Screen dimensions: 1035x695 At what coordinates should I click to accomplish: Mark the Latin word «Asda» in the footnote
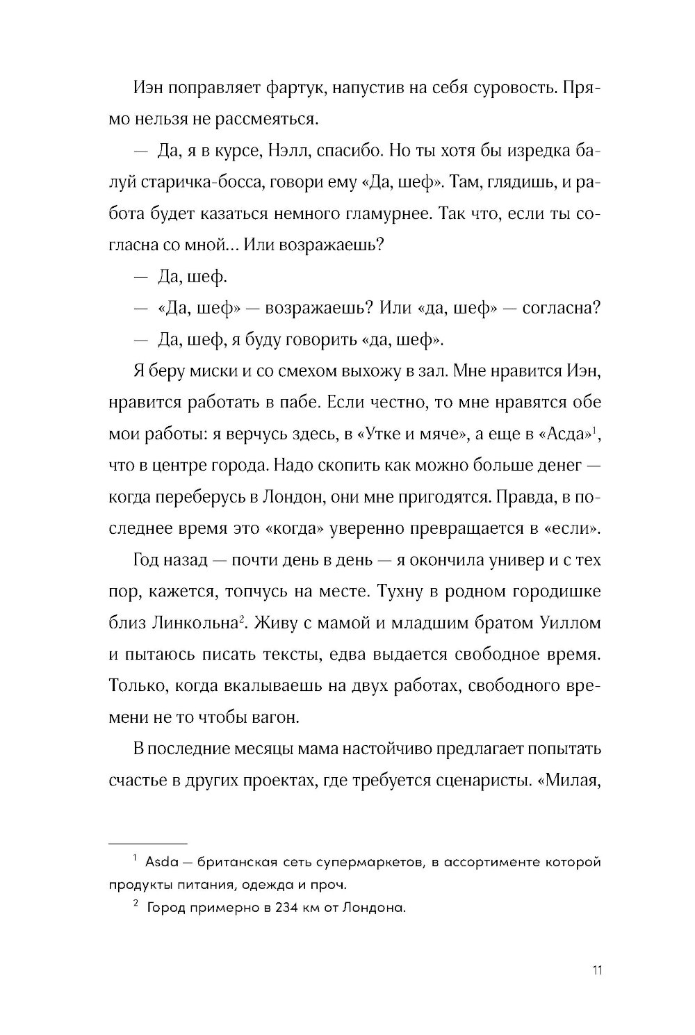162,863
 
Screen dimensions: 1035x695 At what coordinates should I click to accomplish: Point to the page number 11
596,970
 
